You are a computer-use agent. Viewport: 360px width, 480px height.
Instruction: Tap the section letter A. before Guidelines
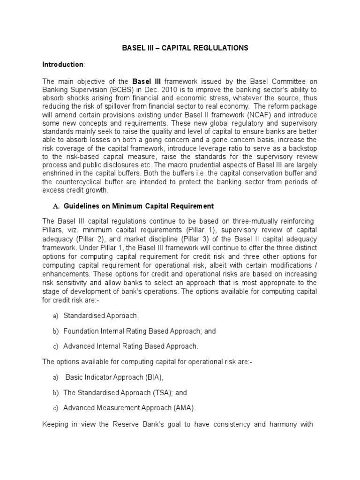(56, 206)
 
